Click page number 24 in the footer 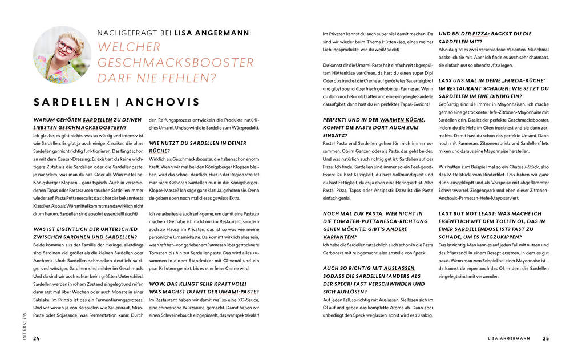[x=36, y=338]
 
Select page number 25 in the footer [x=545, y=338]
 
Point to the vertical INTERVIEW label [x=24, y=326]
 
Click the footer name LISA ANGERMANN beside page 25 [x=509, y=338]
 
